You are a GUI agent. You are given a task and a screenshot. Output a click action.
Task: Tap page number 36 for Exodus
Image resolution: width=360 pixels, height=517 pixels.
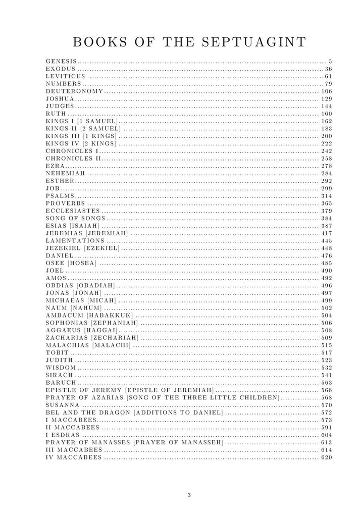(328, 69)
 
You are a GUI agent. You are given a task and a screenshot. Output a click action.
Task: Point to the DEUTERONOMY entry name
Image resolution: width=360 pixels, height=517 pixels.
(74, 91)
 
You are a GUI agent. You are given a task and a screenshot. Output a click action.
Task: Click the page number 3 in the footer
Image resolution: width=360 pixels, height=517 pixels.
(189, 495)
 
